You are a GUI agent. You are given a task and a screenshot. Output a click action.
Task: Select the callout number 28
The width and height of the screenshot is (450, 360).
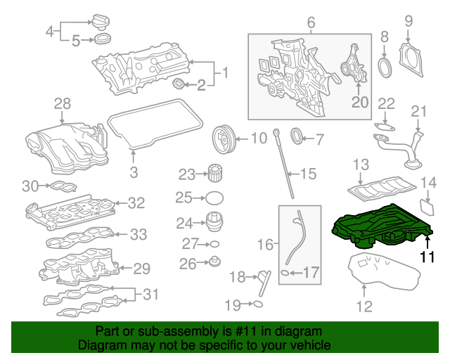[x=63, y=104]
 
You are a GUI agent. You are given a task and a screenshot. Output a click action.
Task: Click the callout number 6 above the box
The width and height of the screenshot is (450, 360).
[x=311, y=22]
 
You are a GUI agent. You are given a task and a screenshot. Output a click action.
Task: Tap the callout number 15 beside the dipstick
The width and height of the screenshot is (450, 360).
[x=309, y=173]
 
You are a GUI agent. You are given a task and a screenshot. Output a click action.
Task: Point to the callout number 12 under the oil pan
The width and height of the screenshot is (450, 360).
[x=364, y=306]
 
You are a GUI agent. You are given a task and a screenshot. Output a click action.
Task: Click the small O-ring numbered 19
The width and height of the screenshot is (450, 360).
[x=258, y=304]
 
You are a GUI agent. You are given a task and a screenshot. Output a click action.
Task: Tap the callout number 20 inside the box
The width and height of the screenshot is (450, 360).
[x=359, y=103]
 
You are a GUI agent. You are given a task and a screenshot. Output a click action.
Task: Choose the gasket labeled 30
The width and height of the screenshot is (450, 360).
[x=61, y=187]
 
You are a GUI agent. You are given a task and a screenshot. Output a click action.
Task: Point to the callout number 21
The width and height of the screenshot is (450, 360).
[x=419, y=111]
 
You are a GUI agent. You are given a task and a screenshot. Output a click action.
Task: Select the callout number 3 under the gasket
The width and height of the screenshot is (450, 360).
[x=134, y=172]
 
